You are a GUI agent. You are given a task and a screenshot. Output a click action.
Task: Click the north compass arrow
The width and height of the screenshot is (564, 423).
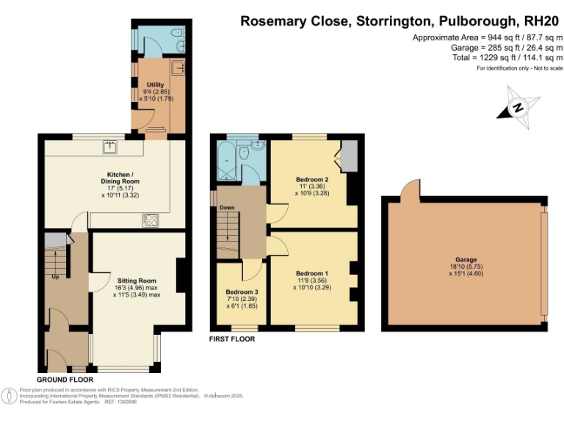[518, 107]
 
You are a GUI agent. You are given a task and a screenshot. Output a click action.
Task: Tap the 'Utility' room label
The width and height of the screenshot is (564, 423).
[155, 84]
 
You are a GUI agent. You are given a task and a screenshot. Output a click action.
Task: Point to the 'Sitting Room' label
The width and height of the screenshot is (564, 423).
[137, 281]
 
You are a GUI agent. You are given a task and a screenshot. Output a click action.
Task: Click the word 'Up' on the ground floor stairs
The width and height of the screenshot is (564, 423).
[56, 278]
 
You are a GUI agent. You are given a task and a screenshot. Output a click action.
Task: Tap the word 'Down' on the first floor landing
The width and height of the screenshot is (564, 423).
[227, 208]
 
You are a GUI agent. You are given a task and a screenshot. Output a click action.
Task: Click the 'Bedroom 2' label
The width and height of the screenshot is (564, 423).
[311, 179]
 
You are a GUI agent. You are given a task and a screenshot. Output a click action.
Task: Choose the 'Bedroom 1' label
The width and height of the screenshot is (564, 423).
[311, 273]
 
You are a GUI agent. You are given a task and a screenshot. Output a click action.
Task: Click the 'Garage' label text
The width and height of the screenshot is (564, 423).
[466, 260]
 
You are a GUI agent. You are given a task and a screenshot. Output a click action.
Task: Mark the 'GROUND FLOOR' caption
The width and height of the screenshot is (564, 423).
[65, 380]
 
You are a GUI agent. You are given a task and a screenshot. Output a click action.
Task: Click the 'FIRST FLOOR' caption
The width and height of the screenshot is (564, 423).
[232, 339]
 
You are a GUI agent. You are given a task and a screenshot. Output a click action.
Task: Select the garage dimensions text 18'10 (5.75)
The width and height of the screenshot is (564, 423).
[466, 267]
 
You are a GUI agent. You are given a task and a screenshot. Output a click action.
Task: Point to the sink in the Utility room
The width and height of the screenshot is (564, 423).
[178, 68]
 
